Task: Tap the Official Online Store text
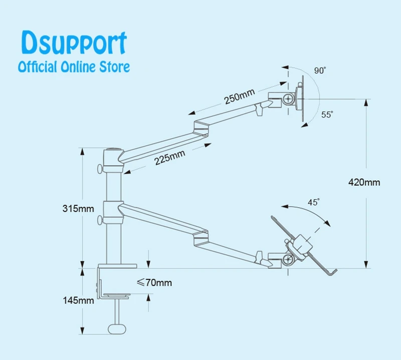74,67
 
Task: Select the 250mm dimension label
240,96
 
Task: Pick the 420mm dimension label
364,182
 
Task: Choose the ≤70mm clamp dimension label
154,283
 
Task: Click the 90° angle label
320,71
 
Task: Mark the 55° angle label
327,115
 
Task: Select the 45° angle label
313,203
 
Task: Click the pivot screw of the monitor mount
288,99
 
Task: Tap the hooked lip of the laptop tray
332,272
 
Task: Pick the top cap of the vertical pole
113,149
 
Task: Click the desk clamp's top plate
117,266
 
